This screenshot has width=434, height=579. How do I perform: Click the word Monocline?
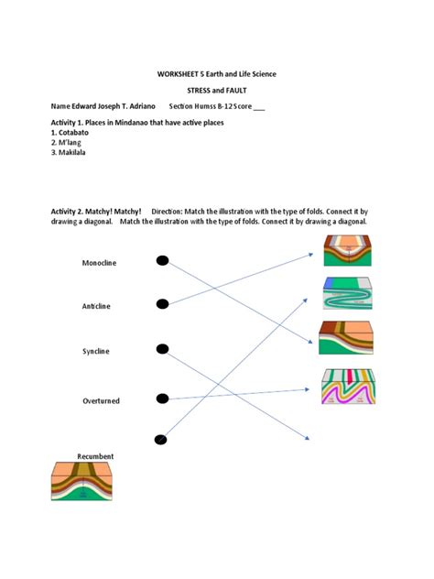point(99,263)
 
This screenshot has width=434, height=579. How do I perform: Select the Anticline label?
point(96,306)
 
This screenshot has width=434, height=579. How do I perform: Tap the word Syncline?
point(95,351)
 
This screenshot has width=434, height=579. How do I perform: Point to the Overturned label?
point(101,400)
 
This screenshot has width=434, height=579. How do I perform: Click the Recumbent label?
point(95,455)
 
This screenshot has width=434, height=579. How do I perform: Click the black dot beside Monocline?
point(163,261)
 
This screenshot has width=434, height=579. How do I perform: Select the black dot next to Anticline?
point(163,304)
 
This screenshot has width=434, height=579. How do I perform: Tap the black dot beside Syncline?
point(163,348)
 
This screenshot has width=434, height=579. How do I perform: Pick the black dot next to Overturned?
point(163,399)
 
